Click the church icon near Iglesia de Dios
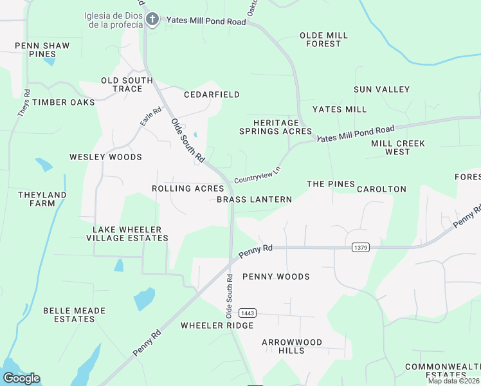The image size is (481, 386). pos(152,19)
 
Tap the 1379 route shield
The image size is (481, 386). pos(361,247)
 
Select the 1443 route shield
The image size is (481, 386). pos(247,313)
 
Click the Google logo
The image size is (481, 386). pos(21,378)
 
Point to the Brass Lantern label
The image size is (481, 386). pos(254,199)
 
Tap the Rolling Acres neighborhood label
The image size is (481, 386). pos(188,188)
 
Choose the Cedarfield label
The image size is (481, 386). pos(212,95)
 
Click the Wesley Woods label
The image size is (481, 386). pos(105,157)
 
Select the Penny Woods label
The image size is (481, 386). pos(276,277)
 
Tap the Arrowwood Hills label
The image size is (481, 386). pos(291,346)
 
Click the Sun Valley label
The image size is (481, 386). pos(381,89)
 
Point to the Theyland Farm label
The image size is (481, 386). pos(42,199)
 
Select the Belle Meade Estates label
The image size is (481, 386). pos(69,315)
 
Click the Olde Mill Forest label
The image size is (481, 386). pos(323,39)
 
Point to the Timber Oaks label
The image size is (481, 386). pos(64,102)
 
